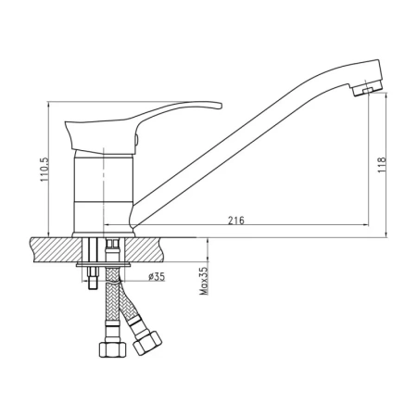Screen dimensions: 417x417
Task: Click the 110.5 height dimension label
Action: (44, 170)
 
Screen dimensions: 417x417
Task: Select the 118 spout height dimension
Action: (382, 165)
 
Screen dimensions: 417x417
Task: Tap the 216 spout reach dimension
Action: (236, 221)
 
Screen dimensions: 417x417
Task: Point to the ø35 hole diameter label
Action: (157, 277)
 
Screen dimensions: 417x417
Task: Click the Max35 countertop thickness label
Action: (204, 281)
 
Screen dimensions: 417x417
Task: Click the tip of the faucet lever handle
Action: (221, 106)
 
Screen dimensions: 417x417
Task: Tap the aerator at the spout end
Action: (368, 89)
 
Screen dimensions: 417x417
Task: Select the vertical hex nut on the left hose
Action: (113, 349)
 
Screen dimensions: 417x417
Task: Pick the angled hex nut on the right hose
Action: (147, 343)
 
